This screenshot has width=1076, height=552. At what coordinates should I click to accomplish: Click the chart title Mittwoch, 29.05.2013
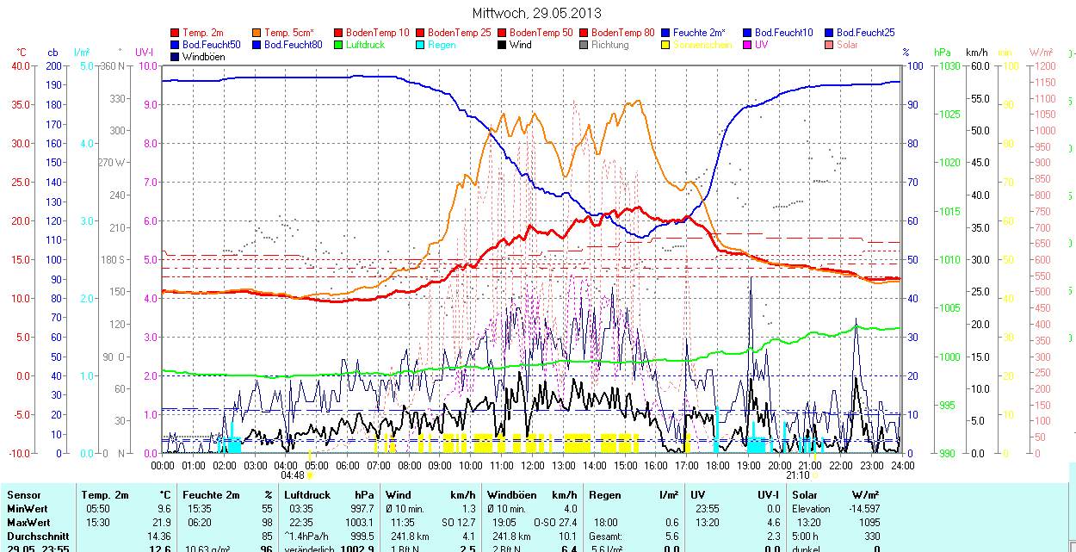537,13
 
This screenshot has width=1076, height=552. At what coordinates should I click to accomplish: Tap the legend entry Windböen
202,57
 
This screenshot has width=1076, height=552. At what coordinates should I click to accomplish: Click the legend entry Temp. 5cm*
288,33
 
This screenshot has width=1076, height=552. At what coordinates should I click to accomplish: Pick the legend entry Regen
442,45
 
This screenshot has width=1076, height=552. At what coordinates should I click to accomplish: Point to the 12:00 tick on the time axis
533,466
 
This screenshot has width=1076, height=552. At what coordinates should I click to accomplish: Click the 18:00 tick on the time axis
718,466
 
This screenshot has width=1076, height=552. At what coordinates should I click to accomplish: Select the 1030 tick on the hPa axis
949,66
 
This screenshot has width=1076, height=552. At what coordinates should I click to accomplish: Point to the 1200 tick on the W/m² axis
1044,66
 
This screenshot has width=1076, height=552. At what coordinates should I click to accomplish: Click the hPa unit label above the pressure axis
941,53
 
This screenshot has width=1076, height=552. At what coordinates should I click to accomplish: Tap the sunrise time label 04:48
293,475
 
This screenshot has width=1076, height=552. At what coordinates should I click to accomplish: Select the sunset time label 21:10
797,475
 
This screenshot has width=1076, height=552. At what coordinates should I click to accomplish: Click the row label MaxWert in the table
28,523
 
